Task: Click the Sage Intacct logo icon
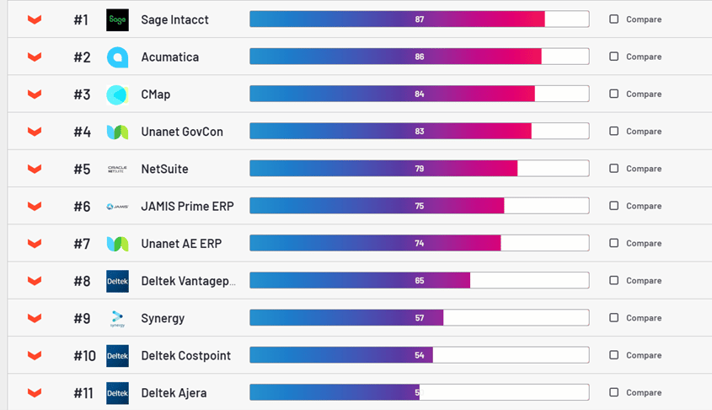(x=117, y=19)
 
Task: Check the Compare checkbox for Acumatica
(x=613, y=57)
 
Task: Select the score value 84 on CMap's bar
(x=420, y=94)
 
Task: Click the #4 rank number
(x=82, y=132)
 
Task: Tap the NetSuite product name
(x=164, y=169)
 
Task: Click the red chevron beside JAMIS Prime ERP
(x=35, y=206)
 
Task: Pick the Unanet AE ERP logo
(x=117, y=243)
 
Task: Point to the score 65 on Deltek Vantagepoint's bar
(x=420, y=280)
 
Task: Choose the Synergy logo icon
(x=117, y=318)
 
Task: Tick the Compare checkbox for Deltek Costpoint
(x=613, y=355)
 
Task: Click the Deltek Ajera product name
(x=174, y=392)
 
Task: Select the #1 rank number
(x=81, y=19)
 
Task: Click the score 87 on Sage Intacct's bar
(x=420, y=19)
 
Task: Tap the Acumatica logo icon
(x=117, y=57)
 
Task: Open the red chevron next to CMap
(x=35, y=94)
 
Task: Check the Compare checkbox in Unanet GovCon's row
(x=613, y=131)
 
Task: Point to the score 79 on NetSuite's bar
(x=420, y=169)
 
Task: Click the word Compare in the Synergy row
(x=644, y=318)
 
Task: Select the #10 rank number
(x=84, y=355)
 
